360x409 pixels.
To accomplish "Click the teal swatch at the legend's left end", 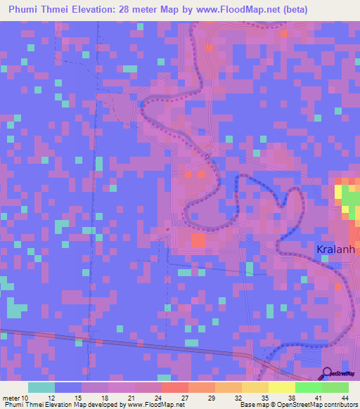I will (41, 387).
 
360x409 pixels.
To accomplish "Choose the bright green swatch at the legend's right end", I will (335, 387).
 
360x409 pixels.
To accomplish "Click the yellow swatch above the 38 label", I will (282, 387).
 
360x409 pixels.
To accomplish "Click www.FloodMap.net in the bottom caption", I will (153, 405).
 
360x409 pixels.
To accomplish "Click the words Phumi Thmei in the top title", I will (38, 10).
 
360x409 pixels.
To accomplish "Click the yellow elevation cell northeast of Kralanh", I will (338, 192).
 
